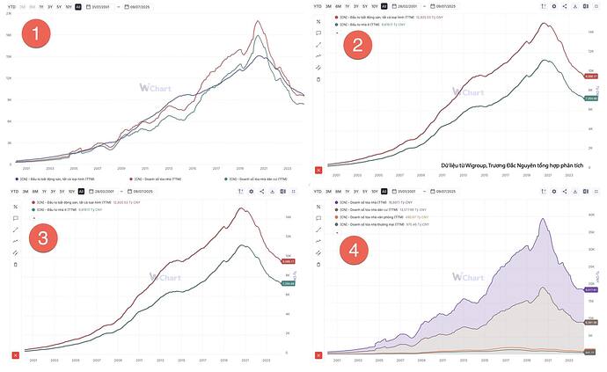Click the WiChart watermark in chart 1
point(155,88)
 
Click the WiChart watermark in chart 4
point(467,277)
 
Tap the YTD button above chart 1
point(11,6)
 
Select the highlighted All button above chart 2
point(384,6)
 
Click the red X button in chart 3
point(14,354)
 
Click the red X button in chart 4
point(319,354)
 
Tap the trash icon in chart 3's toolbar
point(15,264)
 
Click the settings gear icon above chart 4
point(552,191)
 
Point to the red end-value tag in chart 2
point(592,77)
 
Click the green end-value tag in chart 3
point(287,284)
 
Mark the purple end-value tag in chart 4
point(592,289)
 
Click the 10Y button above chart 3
point(70,191)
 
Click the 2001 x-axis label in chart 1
point(26,168)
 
